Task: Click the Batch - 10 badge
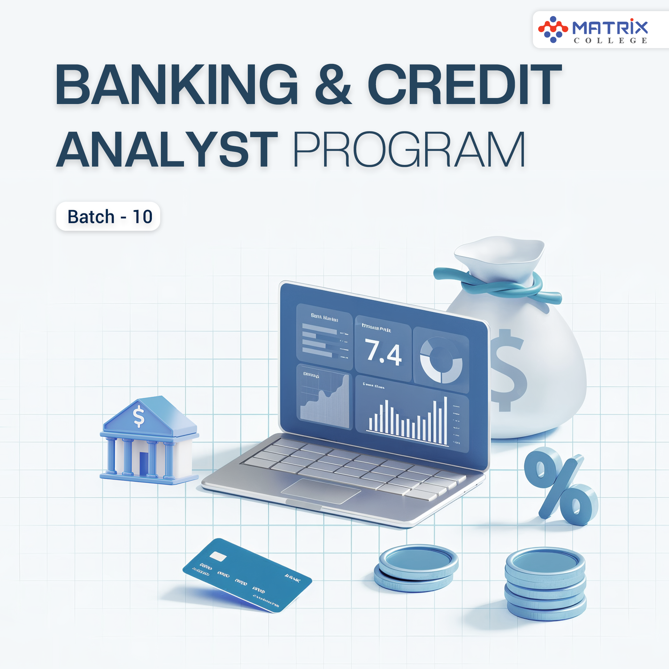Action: [108, 216]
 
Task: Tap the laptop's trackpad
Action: [321, 491]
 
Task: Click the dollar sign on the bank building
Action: [139, 416]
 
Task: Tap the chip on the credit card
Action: [218, 556]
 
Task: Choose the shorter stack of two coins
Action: [416, 568]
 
